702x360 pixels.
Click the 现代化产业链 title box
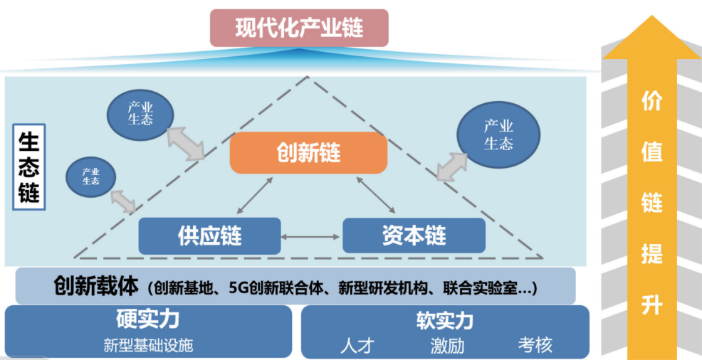point(299,28)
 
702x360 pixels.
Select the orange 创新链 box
point(308,152)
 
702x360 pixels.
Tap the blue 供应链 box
point(209,235)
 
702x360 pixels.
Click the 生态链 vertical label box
point(29,167)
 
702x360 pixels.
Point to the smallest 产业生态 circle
point(90,176)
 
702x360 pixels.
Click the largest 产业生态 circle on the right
point(498,135)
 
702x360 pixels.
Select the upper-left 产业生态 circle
point(140,114)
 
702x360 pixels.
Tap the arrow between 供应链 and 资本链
point(312,235)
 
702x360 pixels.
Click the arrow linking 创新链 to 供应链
point(254,195)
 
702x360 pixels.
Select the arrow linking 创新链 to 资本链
point(372,195)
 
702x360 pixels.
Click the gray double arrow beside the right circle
point(452,166)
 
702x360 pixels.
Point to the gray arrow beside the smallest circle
point(124,201)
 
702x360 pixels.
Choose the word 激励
point(447,346)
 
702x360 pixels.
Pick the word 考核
point(535,345)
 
